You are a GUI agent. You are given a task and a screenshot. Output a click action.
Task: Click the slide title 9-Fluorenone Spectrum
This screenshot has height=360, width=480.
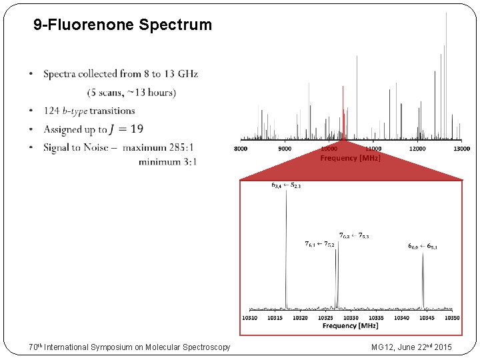[x=123, y=25]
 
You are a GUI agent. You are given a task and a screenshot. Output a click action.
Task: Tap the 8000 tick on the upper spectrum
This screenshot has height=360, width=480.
[x=241, y=149]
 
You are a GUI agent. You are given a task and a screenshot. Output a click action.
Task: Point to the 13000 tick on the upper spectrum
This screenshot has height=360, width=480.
[x=461, y=149]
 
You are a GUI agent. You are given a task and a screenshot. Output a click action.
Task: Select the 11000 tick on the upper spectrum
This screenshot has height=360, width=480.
[x=373, y=149]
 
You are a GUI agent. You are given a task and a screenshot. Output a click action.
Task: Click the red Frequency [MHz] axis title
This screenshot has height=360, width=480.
[x=351, y=158]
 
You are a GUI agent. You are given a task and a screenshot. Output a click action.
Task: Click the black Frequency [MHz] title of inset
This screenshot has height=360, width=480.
[x=351, y=326]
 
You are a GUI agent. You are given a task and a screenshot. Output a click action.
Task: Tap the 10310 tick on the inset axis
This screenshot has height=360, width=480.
[x=249, y=318]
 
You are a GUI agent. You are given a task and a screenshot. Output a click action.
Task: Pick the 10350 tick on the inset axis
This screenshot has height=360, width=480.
[x=452, y=318]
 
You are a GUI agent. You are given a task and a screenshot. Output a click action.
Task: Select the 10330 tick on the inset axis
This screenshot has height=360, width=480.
[x=351, y=318]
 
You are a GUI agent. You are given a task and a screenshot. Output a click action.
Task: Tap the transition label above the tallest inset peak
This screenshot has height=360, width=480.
[x=286, y=185]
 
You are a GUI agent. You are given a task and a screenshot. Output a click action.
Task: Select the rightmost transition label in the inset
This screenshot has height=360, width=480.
[x=423, y=246]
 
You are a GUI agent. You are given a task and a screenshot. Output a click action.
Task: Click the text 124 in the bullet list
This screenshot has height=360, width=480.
[x=51, y=111]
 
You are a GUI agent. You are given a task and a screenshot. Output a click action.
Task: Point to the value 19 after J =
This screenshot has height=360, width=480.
[x=137, y=129]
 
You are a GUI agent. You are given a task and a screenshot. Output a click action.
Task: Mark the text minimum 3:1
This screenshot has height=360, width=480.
[x=168, y=161]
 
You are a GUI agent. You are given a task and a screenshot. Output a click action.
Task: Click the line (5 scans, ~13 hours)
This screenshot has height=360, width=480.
[x=131, y=92]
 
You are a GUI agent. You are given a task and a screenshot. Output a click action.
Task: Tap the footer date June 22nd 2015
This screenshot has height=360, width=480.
[x=425, y=347]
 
